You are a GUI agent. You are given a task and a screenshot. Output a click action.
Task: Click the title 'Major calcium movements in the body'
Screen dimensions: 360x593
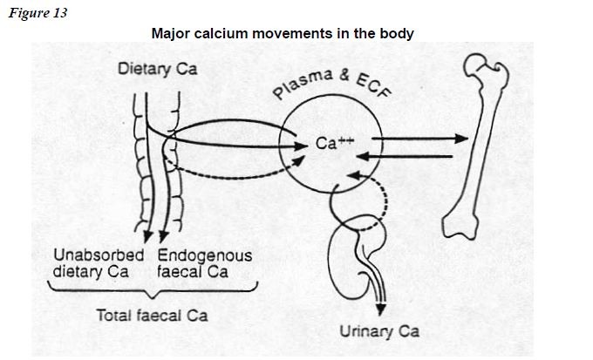click(x=282, y=33)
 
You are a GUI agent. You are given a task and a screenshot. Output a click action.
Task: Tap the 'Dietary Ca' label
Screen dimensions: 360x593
click(x=157, y=68)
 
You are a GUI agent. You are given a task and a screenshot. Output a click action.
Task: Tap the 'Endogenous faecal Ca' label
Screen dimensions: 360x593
click(x=205, y=263)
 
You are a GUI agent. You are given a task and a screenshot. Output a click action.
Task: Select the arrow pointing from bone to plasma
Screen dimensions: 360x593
click(x=410, y=157)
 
